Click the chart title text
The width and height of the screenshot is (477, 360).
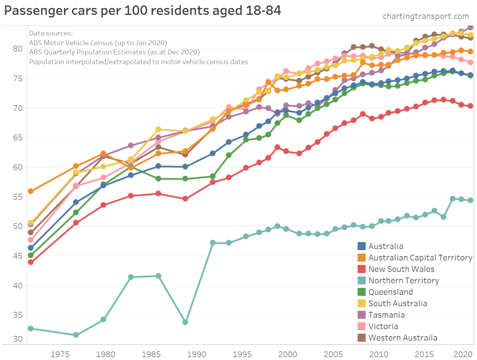pos(142,10)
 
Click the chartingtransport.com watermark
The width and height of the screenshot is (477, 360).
pos(426,16)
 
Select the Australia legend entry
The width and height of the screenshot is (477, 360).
pos(386,246)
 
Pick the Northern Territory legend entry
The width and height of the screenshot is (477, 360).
pos(403,280)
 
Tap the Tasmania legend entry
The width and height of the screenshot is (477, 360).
pos(387,315)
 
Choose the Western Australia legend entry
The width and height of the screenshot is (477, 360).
pos(403,338)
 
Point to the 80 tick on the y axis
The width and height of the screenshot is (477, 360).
pos(17,48)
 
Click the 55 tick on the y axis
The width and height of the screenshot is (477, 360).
pos(17,197)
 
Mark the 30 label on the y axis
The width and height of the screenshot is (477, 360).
pos(17,339)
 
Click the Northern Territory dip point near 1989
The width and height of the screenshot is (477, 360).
pos(185,322)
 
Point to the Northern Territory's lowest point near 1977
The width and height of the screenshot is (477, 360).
pos(76,335)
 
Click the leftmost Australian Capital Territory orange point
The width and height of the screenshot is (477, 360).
pos(31,191)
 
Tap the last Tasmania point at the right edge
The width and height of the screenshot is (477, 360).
pos(470,27)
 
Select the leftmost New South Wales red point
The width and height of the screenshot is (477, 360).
pos(31,262)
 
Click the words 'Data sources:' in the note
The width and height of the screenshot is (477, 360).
pos(51,33)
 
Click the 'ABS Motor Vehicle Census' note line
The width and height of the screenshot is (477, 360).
pos(97,42)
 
